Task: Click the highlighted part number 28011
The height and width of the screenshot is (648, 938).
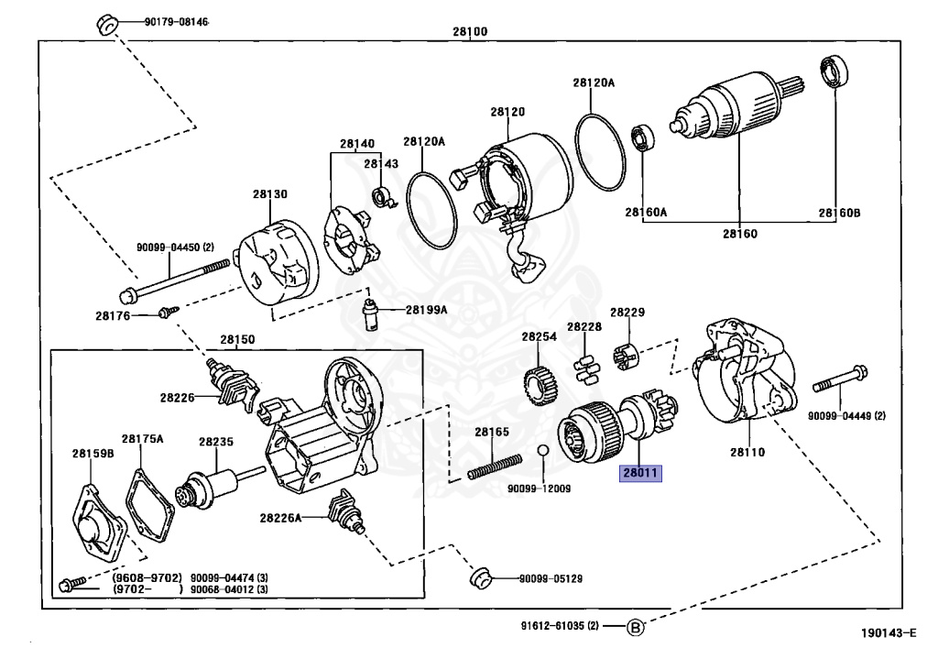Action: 639,474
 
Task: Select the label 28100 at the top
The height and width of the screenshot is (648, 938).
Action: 469,31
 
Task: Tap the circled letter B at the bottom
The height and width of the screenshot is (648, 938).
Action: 636,628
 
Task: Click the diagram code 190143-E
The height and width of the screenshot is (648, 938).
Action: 887,632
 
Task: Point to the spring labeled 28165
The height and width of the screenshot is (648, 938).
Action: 495,467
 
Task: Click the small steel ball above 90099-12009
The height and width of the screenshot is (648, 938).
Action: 541,451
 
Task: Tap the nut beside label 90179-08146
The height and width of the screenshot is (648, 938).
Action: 105,22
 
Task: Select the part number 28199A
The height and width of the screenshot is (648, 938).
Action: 426,310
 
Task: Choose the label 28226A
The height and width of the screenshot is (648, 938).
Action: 279,518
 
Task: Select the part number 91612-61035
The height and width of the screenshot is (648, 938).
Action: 548,627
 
